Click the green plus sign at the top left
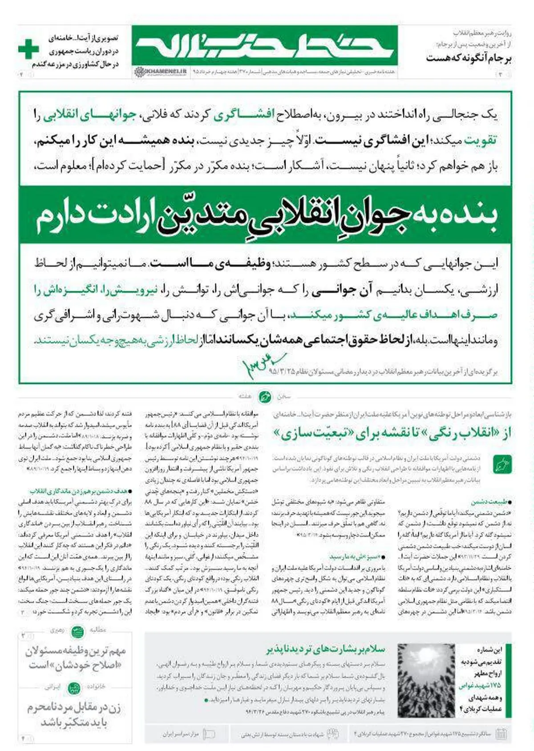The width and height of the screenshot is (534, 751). coord(28,49)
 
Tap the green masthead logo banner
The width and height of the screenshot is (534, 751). coord(265,46)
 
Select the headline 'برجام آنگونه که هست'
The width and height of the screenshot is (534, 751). coord(468,58)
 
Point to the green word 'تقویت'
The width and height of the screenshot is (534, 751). coord(480,141)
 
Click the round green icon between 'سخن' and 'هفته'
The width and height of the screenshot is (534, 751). coord(265,396)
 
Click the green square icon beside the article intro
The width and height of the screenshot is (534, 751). coord(502,465)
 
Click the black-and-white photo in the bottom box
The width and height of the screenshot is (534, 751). coord(426,679)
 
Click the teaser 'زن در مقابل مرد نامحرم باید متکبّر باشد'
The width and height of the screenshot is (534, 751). coord(74,715)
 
